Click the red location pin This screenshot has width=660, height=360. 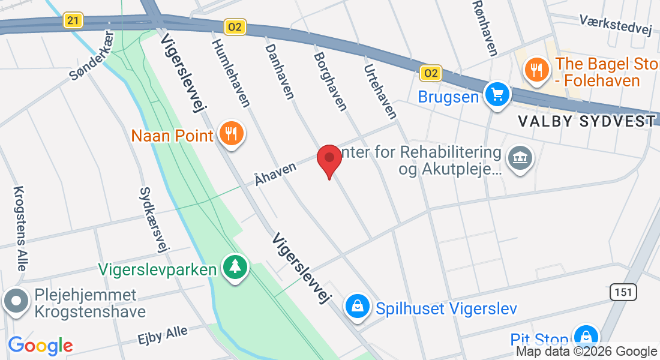pyautogui.click(x=329, y=158)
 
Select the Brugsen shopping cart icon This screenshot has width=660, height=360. pyautogui.click(x=497, y=95)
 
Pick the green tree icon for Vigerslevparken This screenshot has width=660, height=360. pyautogui.click(x=235, y=268)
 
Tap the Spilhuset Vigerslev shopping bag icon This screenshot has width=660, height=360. pyautogui.click(x=358, y=307)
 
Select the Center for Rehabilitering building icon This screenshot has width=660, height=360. pyautogui.click(x=520, y=158)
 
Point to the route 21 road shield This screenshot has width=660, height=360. pyautogui.click(x=73, y=20)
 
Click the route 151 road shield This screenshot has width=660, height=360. pyautogui.click(x=623, y=292)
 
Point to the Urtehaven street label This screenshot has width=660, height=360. pyautogui.click(x=380, y=91)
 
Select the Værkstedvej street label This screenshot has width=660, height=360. pyautogui.click(x=616, y=26)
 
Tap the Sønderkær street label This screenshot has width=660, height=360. pyautogui.click(x=91, y=63)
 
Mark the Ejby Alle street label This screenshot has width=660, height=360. pyautogui.click(x=163, y=334)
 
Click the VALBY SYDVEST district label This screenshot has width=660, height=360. pyautogui.click(x=586, y=121)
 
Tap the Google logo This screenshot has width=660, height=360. pyautogui.click(x=40, y=346)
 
